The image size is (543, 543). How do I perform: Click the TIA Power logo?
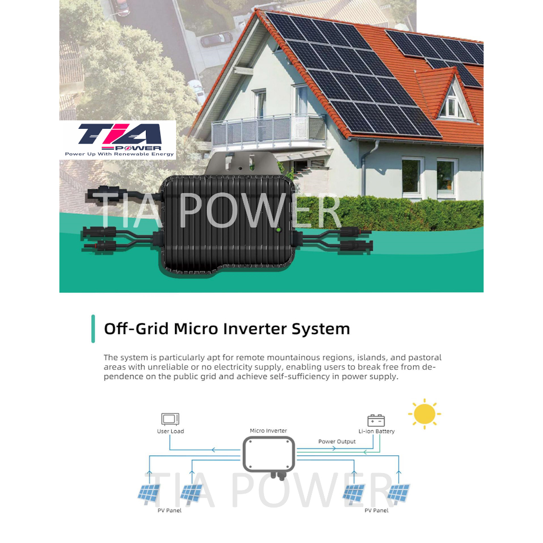118,139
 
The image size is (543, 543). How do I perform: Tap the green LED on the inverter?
277,229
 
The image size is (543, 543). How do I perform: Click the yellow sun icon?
425,414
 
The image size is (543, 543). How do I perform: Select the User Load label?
170,431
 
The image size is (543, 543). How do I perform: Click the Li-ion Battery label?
376,431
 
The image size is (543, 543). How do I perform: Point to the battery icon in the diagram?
376,420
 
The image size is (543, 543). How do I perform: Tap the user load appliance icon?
170,419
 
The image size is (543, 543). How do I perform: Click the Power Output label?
337,442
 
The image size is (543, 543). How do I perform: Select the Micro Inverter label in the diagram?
268,431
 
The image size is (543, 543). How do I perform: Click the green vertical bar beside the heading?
93,329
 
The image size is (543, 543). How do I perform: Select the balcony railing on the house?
269,129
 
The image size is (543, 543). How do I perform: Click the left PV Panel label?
169,511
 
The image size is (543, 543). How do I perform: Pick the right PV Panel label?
376,511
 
